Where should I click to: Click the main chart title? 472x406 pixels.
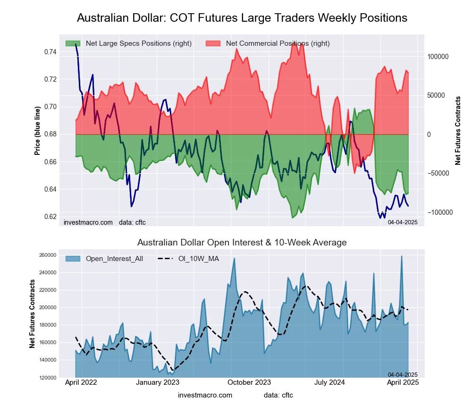tap(242, 18)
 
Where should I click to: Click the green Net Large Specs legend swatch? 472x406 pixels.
tap(73, 43)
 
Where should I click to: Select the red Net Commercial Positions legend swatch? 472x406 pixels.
tap(214, 43)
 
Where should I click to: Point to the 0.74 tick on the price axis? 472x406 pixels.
tap(50, 51)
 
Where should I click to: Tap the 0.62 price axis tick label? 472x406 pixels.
tap(50, 217)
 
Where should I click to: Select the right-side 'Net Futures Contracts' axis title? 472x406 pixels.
tap(458, 131)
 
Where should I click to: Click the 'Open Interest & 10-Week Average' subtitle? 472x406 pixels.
tap(242, 243)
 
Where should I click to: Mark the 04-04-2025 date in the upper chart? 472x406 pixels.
tap(403, 222)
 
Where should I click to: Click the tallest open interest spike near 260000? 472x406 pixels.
tap(402, 257)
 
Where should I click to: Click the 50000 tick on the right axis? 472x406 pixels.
tap(438, 95)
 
